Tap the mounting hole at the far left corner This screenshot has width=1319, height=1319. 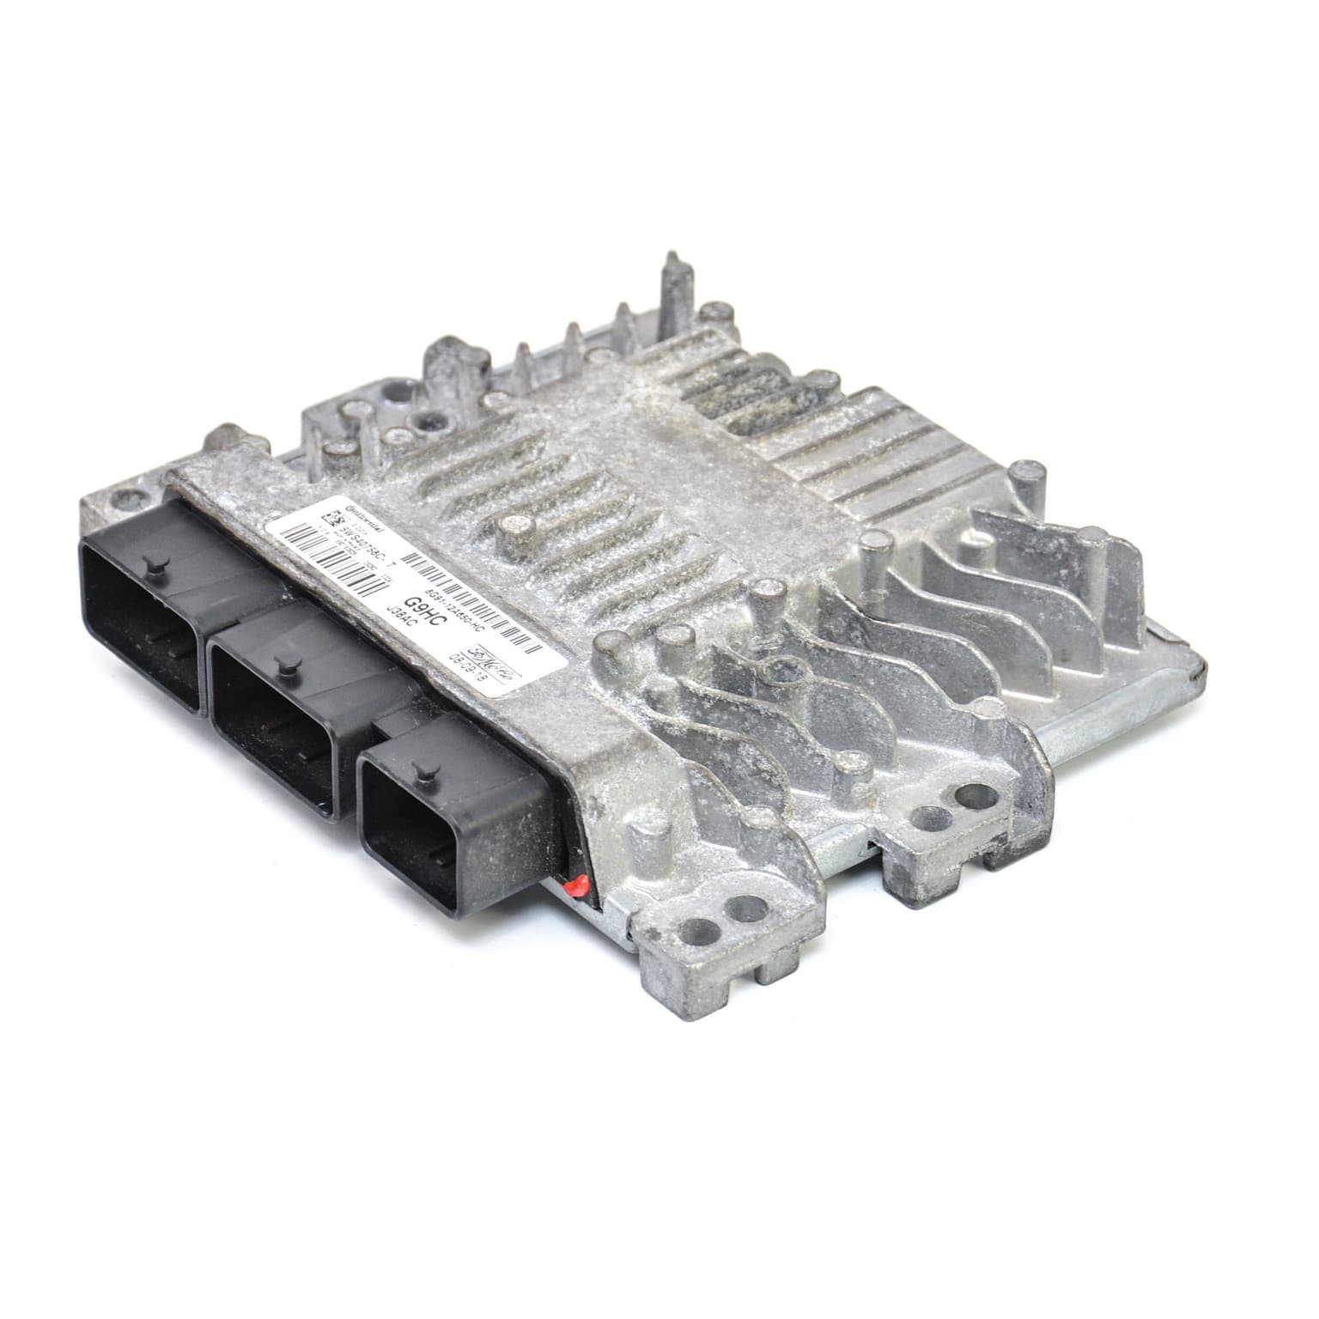click(126, 495)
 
